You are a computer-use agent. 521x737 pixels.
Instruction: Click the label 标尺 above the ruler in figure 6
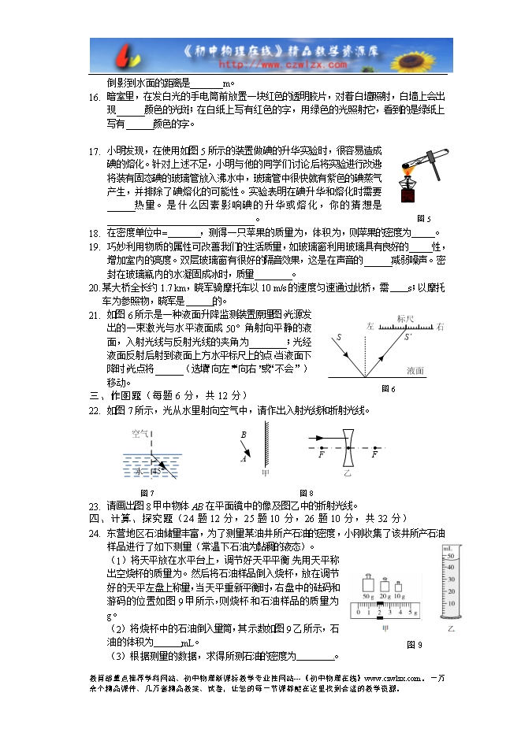(406, 319)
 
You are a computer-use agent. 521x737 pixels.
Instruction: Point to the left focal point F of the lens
(322, 454)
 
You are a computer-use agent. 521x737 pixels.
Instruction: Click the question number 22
(94, 410)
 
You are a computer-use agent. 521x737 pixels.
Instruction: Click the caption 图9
(415, 645)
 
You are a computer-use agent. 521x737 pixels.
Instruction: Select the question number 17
(94, 150)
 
